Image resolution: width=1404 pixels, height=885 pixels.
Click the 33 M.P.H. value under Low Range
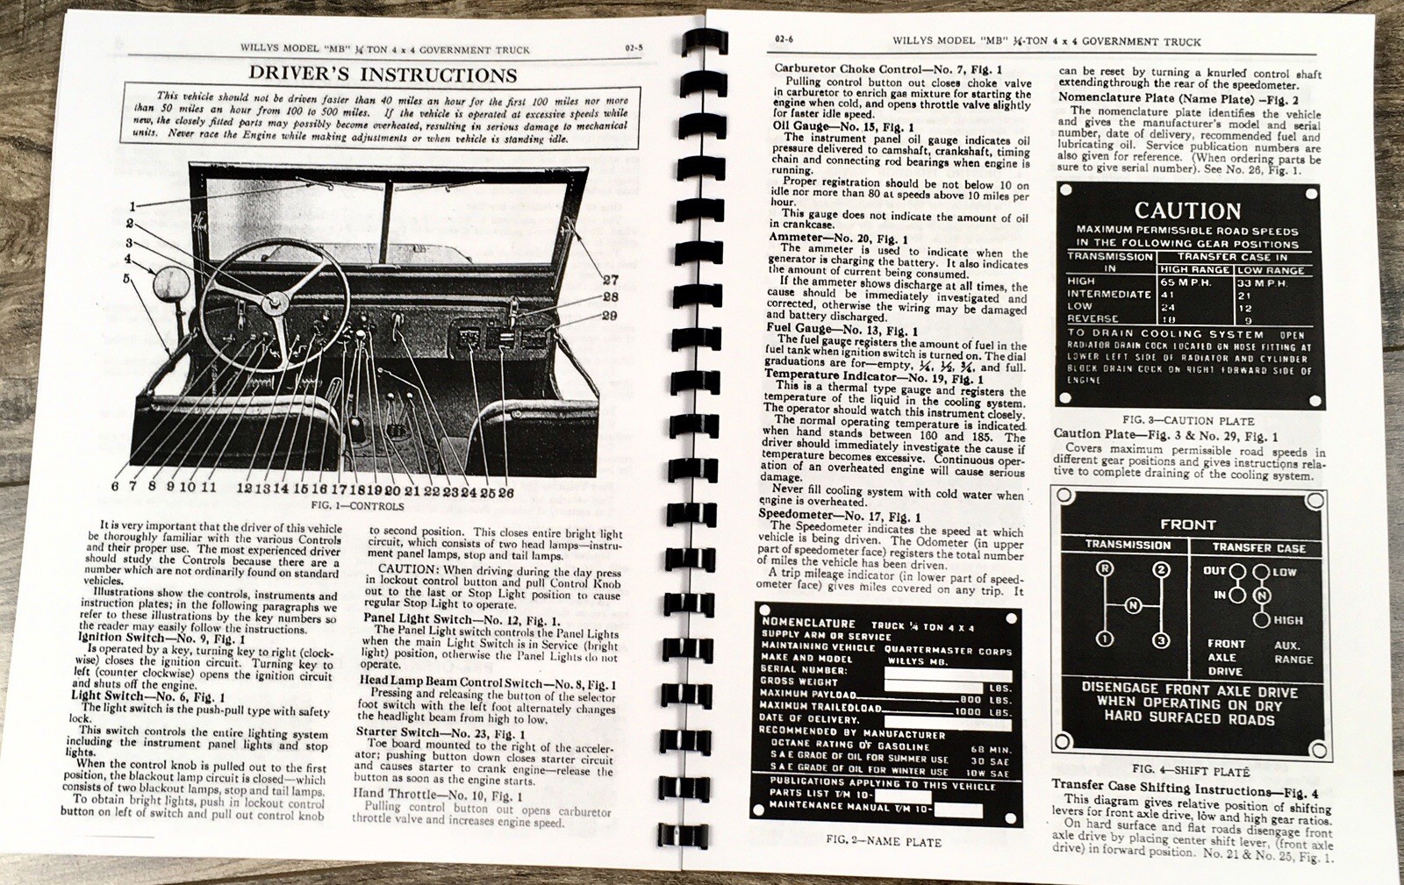point(1261,283)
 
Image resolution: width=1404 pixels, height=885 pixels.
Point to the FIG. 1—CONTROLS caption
point(357,506)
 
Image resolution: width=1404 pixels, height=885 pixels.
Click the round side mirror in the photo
point(169,283)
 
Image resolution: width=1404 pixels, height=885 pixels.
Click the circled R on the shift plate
point(1105,569)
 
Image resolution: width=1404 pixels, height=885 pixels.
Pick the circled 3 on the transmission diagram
point(1161,640)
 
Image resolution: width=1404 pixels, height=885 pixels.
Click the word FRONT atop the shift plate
point(1187,525)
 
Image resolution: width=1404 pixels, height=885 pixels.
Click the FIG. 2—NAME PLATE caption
point(883,841)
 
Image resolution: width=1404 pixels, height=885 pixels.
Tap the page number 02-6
point(784,39)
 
